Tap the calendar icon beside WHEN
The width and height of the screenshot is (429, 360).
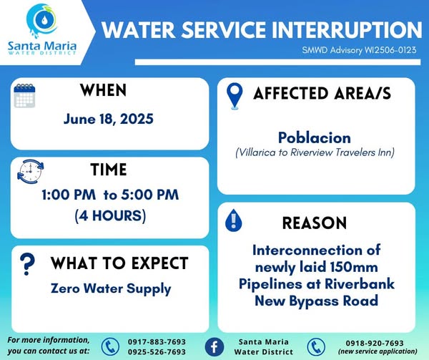click(x=24, y=95)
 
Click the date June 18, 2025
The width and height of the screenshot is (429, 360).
click(x=109, y=120)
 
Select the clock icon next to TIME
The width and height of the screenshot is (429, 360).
click(x=30, y=171)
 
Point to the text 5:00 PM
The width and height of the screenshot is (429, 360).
click(x=150, y=195)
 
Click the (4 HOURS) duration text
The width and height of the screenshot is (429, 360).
click(x=110, y=215)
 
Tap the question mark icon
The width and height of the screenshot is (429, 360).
click(x=27, y=264)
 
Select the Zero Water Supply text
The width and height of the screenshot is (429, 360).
click(x=111, y=289)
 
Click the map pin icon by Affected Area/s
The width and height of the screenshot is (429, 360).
click(x=235, y=96)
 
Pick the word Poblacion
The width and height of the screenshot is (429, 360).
click(x=315, y=137)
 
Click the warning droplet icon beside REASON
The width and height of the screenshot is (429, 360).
click(x=233, y=220)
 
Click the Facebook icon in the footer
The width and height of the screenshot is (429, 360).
click(x=214, y=347)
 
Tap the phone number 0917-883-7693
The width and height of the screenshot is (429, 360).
click(x=157, y=342)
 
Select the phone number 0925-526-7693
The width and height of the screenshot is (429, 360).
click(x=157, y=352)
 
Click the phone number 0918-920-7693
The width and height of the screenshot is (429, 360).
click(x=375, y=343)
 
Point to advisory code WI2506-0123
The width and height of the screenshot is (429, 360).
click(x=390, y=50)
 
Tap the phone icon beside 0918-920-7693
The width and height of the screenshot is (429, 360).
click(x=316, y=347)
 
